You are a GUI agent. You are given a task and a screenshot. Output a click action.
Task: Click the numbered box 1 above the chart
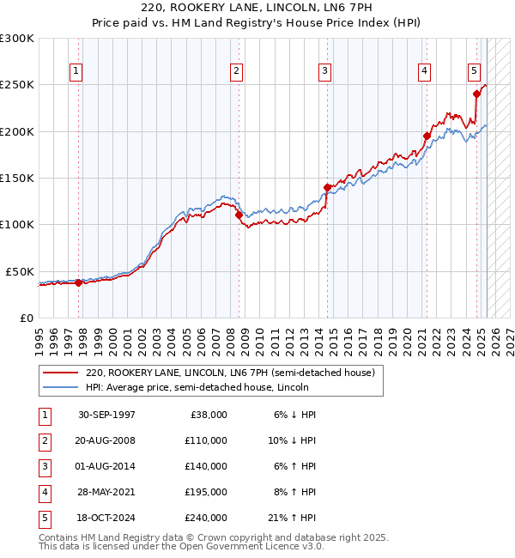tap(76, 72)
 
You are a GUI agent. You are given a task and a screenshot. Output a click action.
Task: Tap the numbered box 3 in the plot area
tap(325, 72)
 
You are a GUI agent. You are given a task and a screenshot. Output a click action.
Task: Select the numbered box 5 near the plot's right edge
tap(474, 72)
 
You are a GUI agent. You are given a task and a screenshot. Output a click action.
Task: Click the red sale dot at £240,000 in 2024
tap(476, 94)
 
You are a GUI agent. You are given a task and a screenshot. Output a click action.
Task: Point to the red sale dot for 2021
tap(427, 136)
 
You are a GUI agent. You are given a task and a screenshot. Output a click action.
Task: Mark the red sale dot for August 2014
tap(327, 187)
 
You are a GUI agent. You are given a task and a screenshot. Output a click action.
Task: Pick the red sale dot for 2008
tap(239, 215)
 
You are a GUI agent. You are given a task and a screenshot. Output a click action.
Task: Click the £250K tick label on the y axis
tap(17, 85)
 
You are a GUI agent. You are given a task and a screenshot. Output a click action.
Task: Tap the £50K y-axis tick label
tap(21, 271)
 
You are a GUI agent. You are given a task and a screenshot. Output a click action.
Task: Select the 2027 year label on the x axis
tap(509, 337)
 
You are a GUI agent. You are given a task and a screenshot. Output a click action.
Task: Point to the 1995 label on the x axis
tap(39, 337)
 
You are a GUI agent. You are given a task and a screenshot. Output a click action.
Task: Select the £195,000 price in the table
tap(206, 492)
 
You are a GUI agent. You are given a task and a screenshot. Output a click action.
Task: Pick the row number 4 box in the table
tap(44, 492)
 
